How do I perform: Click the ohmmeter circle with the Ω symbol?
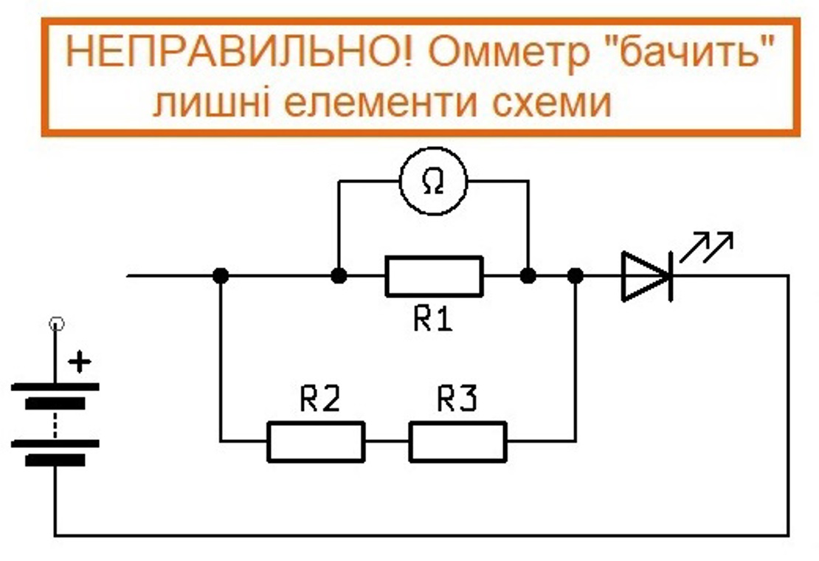point(433,180)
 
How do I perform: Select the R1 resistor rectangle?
point(433,276)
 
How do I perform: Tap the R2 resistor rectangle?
point(316,441)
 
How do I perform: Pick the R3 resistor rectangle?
point(458,441)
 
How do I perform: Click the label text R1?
point(433,321)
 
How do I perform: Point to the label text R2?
point(320,400)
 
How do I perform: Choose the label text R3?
point(457,400)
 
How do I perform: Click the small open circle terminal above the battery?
point(55,323)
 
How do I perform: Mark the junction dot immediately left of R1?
point(338,276)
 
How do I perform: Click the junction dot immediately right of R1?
point(528,276)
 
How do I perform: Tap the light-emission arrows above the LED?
point(706,247)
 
